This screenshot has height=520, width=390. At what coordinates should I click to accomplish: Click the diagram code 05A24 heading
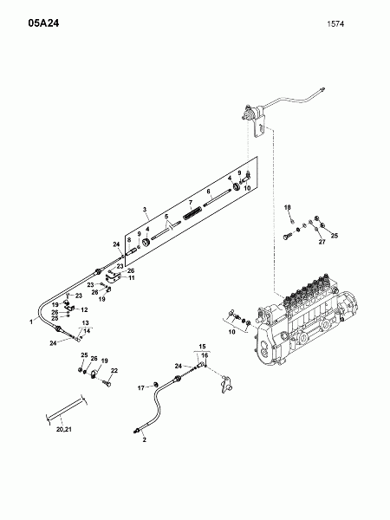[43, 23]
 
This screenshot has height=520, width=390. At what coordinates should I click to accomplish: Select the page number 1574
[335, 24]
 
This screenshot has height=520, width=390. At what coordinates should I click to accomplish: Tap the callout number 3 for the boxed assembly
[145, 210]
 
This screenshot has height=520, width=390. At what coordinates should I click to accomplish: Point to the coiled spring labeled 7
[192, 212]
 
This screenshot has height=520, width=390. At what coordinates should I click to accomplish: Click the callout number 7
[191, 202]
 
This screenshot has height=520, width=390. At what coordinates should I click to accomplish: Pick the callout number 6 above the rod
[208, 192]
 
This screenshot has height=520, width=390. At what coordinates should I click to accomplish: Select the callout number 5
[166, 216]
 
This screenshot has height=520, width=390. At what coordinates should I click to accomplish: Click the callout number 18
[287, 208]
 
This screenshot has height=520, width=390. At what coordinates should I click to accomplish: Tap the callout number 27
[322, 242]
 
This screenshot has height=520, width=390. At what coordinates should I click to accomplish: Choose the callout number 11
[132, 278]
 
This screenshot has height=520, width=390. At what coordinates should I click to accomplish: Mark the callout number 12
[84, 309]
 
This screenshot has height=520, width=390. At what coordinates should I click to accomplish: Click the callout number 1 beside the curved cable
[31, 322]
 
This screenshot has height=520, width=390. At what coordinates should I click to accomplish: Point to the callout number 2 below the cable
[144, 440]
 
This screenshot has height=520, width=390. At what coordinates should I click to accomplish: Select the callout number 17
[141, 387]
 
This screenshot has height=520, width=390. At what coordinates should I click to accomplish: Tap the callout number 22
[114, 370]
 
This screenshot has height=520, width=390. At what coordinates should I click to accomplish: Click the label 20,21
[63, 430]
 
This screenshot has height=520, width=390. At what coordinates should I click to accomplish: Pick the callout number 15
[202, 347]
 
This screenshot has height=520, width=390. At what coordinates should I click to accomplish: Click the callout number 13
[85, 322]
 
